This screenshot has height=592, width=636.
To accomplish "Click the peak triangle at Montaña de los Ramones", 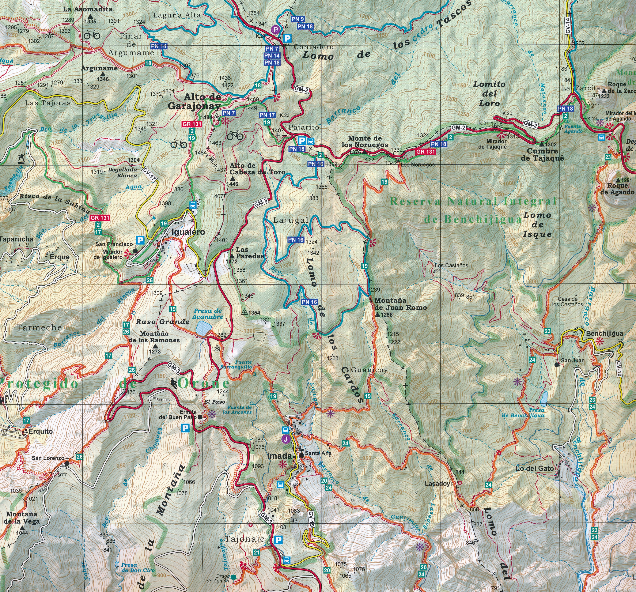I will (x=155, y=346).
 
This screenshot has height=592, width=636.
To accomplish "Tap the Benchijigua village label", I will (x=604, y=333).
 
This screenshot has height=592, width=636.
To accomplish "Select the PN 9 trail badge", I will (x=298, y=19).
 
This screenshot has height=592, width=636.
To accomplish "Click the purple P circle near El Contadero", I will (x=275, y=30).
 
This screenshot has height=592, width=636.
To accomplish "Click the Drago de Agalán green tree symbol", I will (x=234, y=577).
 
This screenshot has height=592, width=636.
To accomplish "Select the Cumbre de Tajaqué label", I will (x=542, y=155).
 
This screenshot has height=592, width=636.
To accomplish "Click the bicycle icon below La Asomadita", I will (x=92, y=35).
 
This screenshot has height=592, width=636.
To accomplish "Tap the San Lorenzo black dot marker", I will (x=67, y=463).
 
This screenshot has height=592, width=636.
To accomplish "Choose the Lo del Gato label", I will (x=535, y=468).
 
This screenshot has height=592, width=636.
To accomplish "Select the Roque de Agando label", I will (x=617, y=189).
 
